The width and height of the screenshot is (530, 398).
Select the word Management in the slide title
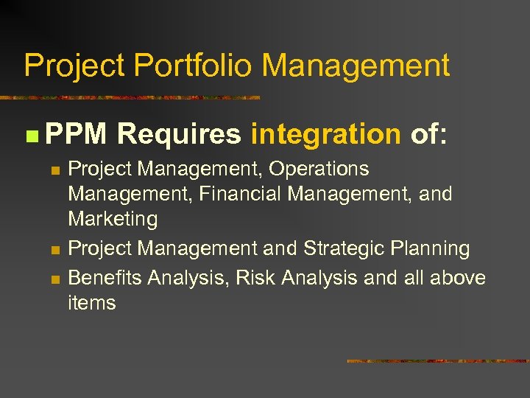356,66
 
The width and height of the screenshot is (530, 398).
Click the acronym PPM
76,134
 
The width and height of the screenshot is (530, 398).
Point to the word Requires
179,134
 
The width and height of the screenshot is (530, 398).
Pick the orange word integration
325,134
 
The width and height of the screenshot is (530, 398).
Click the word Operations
319,169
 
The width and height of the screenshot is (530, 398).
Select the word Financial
236,194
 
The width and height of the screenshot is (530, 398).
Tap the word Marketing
113,219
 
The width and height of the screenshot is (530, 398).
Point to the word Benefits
105,278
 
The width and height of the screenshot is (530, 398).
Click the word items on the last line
92,303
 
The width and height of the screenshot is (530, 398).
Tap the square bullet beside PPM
29,136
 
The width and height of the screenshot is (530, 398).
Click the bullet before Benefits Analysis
54,279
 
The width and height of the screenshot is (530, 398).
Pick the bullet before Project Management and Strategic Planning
54,250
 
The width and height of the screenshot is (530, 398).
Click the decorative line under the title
130,97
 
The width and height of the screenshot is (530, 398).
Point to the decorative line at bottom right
437,361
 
